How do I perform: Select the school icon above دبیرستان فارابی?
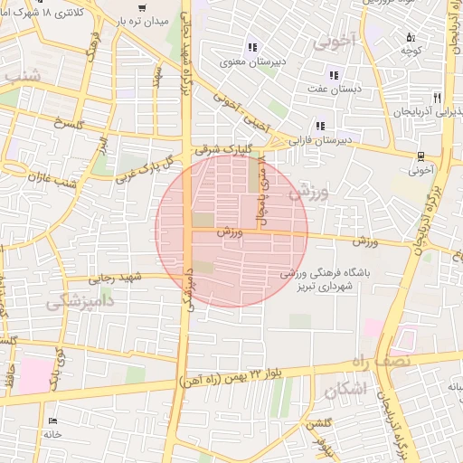pos(319,126)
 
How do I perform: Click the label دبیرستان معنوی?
pos(251,62)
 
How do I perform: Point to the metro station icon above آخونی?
pos(422,156)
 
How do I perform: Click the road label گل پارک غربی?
pos(145,172)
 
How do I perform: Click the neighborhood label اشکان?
pos(345,391)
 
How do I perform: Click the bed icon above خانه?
pos(52,421)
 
